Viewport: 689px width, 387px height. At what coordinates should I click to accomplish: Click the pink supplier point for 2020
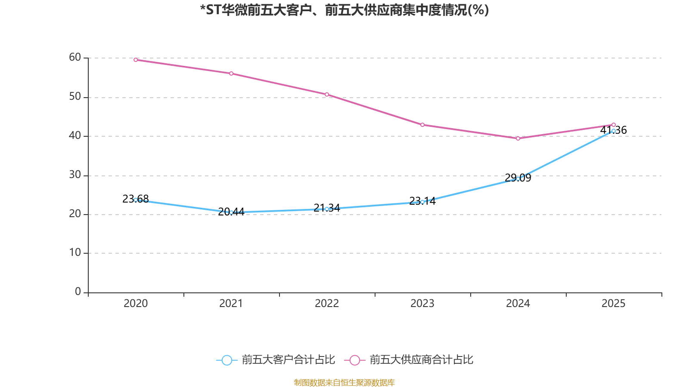pyautogui.click(x=136, y=60)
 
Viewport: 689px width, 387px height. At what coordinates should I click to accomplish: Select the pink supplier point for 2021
pyautogui.click(x=231, y=74)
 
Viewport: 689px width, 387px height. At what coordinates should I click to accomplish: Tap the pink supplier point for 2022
pyautogui.click(x=327, y=95)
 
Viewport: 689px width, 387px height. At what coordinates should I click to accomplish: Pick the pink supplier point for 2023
pyautogui.click(x=422, y=125)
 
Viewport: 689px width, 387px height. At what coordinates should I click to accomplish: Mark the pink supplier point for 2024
pyautogui.click(x=518, y=138)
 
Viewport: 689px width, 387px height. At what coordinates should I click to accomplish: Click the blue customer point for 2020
pyautogui.click(x=136, y=200)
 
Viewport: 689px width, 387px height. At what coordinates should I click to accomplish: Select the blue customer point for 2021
pyautogui.click(x=231, y=212)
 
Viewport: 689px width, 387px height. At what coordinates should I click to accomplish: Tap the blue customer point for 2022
pyautogui.click(x=327, y=209)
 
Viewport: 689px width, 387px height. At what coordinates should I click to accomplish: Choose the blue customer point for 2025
pyautogui.click(x=614, y=131)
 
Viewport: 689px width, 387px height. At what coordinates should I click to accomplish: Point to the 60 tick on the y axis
pyautogui.click(x=75, y=57)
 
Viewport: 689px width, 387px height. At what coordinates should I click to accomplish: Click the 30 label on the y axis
pyautogui.click(x=75, y=175)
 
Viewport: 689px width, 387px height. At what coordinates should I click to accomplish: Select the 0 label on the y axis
pyautogui.click(x=78, y=292)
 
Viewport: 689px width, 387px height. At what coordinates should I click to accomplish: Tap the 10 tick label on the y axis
pyautogui.click(x=75, y=253)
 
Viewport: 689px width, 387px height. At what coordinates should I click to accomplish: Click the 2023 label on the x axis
pyautogui.click(x=422, y=304)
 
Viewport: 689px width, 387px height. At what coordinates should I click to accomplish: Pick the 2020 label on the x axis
pyautogui.click(x=136, y=304)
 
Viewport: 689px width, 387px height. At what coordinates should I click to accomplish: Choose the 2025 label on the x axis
pyautogui.click(x=614, y=304)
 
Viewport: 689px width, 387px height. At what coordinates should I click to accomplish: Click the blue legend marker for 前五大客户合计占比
pyautogui.click(x=227, y=360)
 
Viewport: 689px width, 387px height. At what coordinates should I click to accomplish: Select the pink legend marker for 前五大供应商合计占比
pyautogui.click(x=355, y=360)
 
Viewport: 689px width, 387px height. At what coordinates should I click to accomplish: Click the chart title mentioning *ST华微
pyautogui.click(x=344, y=10)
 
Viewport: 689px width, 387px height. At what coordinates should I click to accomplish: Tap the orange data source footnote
pyautogui.click(x=344, y=382)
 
